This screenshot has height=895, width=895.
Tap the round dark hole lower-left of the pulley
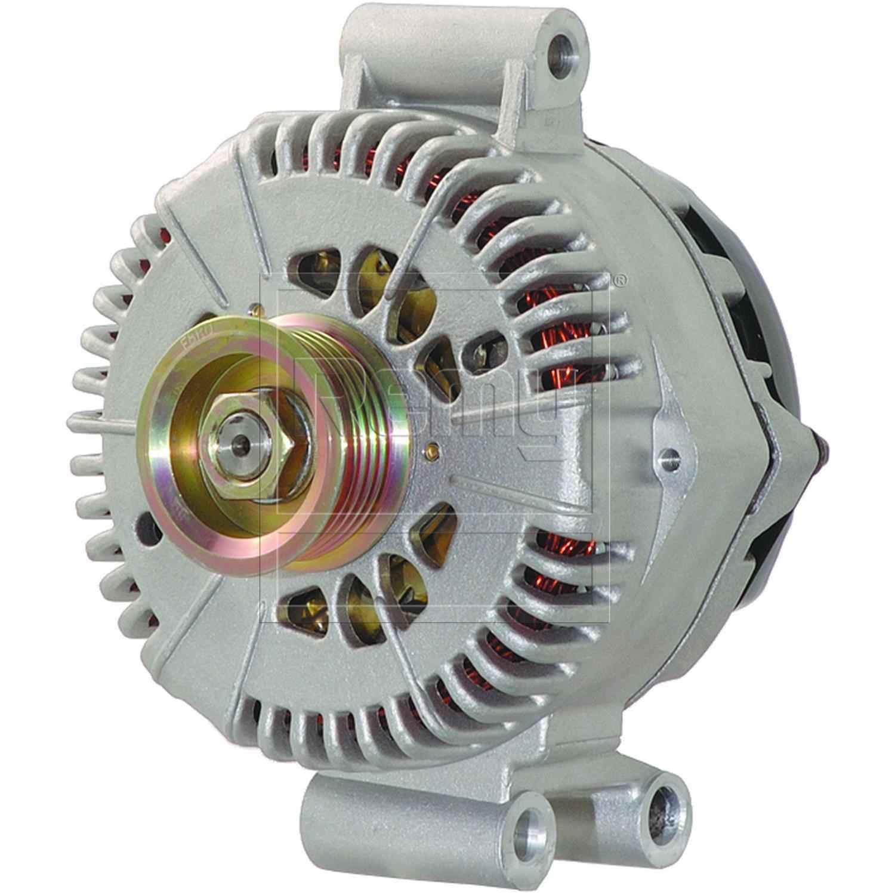tap(143, 526)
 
